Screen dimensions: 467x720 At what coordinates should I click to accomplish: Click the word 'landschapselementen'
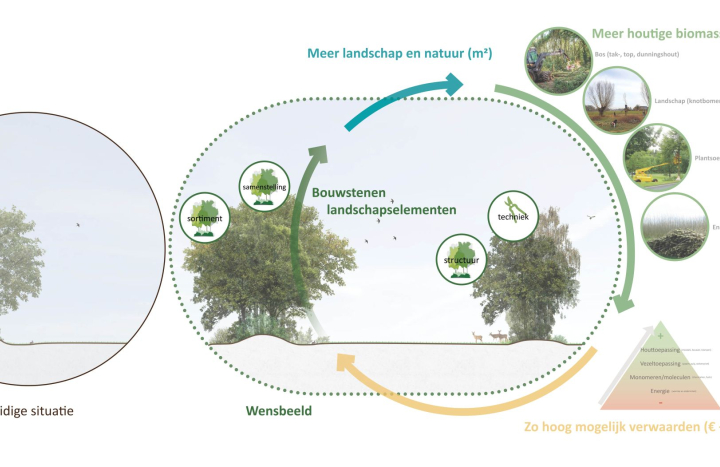[392, 210]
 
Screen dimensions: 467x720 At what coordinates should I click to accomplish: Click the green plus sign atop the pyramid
[660, 334]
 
